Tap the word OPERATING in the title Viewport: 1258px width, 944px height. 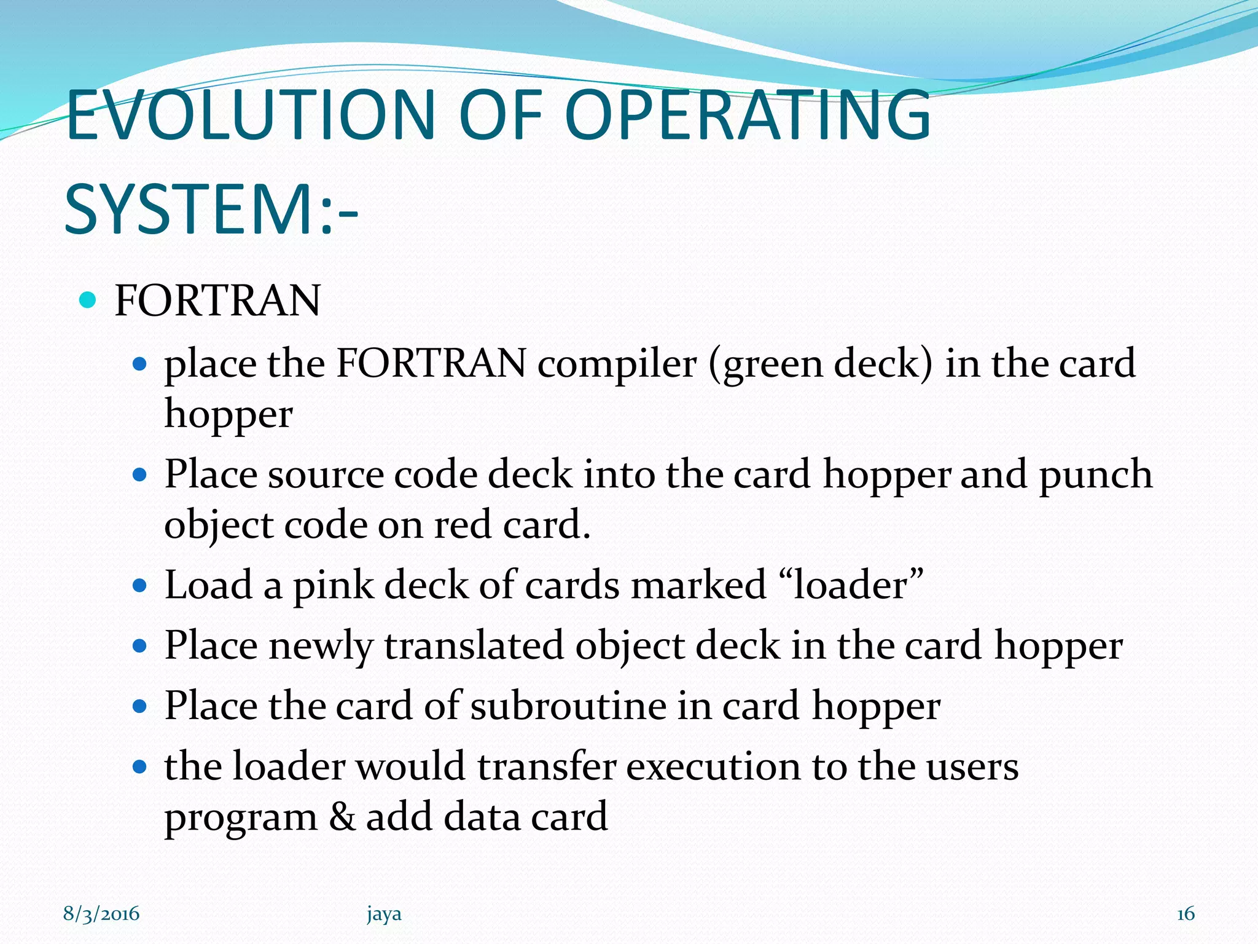point(747,115)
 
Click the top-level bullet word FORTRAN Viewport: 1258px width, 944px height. point(217,301)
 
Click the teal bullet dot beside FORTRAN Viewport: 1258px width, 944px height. point(88,301)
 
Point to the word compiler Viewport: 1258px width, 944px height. point(617,363)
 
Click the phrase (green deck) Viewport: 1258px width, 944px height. point(821,363)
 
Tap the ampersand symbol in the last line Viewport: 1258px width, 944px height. point(342,816)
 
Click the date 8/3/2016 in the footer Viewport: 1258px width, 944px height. point(101,914)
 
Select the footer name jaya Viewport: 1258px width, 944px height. point(384,914)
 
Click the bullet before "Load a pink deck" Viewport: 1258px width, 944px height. point(140,585)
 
